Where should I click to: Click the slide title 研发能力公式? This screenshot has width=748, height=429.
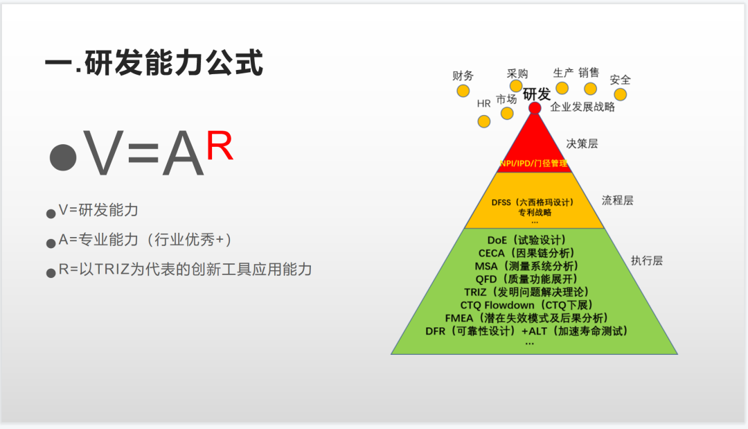tap(154, 62)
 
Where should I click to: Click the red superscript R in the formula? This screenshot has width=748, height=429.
tap(220, 146)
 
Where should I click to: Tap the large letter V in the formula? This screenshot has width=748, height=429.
tap(103, 154)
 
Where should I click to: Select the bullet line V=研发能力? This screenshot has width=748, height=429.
tap(98, 210)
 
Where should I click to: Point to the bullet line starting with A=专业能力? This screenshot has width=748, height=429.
tap(145, 240)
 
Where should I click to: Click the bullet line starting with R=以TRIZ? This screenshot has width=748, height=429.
tap(185, 270)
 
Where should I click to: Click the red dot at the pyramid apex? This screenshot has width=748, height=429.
tap(535, 108)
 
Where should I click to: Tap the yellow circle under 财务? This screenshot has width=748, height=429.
tap(463, 91)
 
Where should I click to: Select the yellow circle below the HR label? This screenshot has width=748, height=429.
tap(483, 121)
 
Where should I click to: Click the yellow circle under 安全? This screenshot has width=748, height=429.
tap(620, 94)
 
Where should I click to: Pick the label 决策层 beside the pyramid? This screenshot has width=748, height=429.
tap(582, 143)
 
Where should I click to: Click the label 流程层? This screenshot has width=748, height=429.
tap(617, 200)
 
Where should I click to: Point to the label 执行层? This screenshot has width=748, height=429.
tap(647, 261)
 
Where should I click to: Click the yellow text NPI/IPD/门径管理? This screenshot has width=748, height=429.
tap(533, 163)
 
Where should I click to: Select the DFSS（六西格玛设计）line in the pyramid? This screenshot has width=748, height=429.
tap(533, 202)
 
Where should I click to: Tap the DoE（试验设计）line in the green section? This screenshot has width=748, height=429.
tap(526, 240)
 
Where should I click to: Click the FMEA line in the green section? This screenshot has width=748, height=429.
tap(526, 318)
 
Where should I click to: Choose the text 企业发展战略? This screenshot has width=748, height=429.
tap(582, 107)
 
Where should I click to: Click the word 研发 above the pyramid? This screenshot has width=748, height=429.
tap(537, 94)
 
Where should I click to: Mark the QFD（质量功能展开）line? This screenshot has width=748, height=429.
tap(526, 279)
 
